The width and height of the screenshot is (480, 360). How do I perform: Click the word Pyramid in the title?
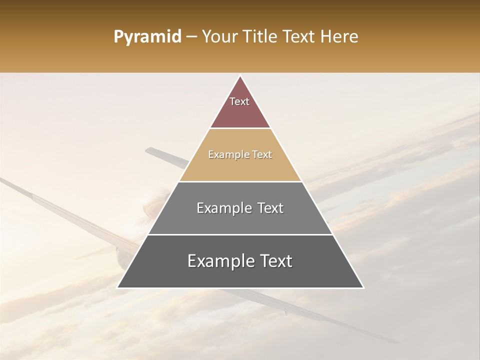click(x=147, y=37)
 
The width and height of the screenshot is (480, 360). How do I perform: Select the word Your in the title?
click(x=218, y=37)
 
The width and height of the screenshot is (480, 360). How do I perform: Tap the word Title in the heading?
click(x=260, y=37)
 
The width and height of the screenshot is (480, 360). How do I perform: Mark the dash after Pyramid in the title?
click(x=191, y=37)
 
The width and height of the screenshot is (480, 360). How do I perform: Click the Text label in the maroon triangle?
click(x=239, y=101)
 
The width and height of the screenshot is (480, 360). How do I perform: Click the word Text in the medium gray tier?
click(x=270, y=208)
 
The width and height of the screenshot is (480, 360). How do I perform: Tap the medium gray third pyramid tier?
click(x=240, y=222)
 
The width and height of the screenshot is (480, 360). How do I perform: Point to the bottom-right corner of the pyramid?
click(x=363, y=287)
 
